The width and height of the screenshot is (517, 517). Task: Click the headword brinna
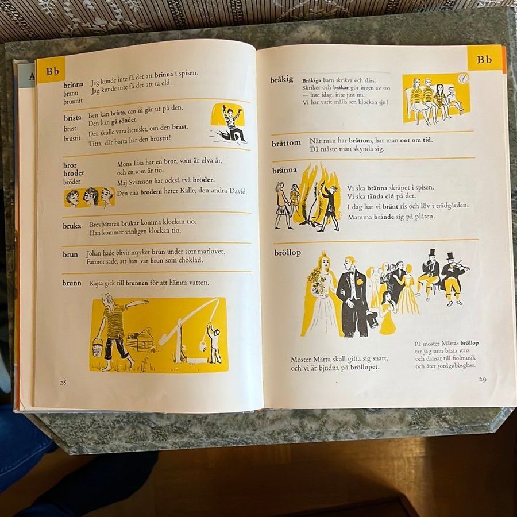(73, 85)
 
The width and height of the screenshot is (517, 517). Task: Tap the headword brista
(72, 118)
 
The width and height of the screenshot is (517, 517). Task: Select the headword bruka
(72, 226)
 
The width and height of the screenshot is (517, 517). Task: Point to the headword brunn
(72, 283)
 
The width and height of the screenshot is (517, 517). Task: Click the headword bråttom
(286, 143)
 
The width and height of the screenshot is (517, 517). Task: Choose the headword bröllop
(288, 253)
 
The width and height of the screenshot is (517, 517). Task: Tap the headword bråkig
(281, 79)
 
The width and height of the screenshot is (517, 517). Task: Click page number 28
(63, 382)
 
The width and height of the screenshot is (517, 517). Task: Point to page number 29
(483, 380)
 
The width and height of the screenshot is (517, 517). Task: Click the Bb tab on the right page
(484, 59)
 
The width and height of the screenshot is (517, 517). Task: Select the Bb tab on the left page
(52, 71)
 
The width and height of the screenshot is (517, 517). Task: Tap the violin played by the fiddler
(459, 265)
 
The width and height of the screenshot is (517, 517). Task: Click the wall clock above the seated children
(463, 79)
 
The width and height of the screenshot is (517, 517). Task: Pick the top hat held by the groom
(372, 319)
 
